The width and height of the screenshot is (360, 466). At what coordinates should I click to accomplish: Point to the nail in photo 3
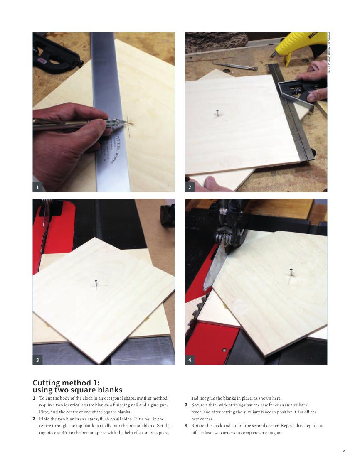pos(96,284)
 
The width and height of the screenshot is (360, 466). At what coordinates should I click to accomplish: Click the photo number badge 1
pos(37,187)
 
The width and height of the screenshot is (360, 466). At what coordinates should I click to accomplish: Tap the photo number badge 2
pos(190,187)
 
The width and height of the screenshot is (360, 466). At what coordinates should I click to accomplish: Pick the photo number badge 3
pos(37,360)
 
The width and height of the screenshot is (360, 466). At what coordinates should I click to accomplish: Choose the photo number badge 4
pos(190,360)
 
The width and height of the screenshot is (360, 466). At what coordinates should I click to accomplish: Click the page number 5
pos(344,450)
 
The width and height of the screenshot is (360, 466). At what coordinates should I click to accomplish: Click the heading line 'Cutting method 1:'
pos(66,383)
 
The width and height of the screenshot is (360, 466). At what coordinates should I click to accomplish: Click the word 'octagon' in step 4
pos(273,433)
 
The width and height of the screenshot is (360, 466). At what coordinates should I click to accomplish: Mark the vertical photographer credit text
pos(329,52)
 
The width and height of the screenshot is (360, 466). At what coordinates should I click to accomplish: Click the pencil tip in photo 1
pos(126,123)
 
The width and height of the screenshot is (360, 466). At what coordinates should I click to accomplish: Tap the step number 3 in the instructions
pos(186,405)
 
